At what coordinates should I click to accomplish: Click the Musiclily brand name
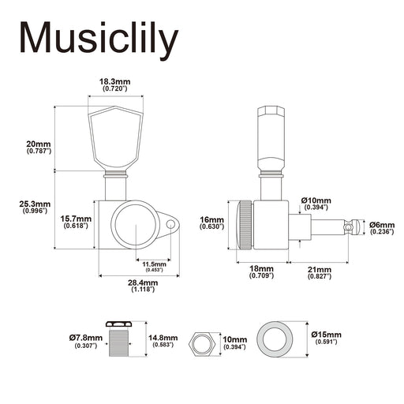[99, 40]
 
